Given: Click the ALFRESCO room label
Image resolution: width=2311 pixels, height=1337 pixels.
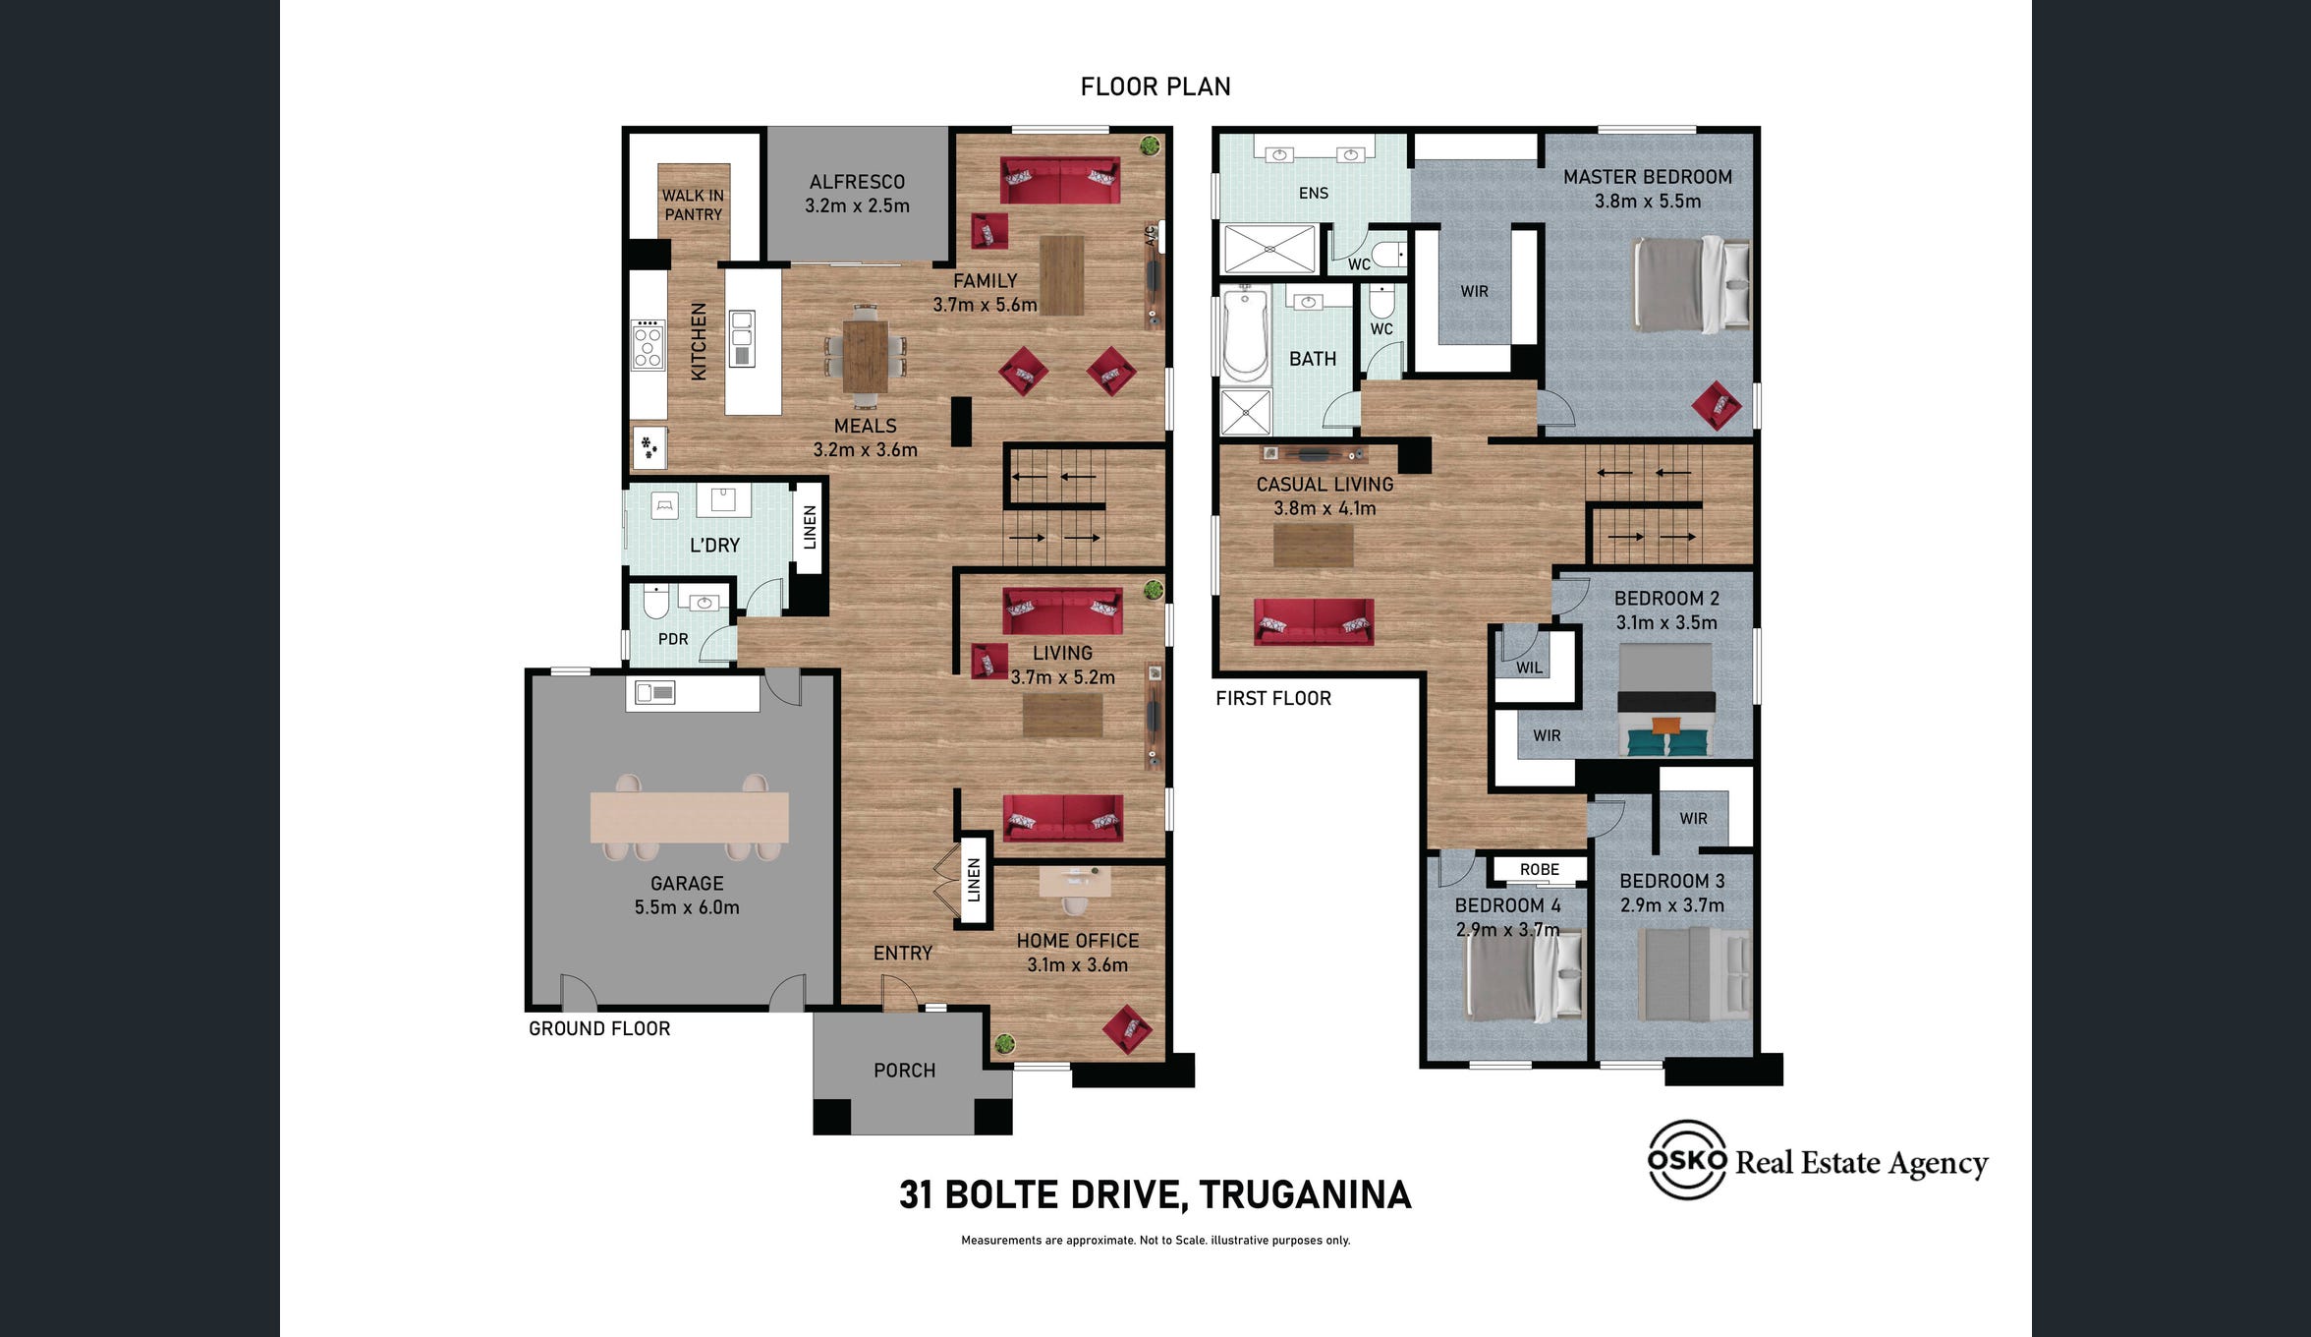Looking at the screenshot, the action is tap(857, 182).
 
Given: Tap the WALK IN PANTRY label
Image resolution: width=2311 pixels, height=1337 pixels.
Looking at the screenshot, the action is tap(693, 204).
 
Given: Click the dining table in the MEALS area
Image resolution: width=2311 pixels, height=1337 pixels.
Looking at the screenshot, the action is tap(865, 355).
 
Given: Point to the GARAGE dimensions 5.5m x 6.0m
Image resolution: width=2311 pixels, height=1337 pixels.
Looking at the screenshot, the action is tap(687, 907).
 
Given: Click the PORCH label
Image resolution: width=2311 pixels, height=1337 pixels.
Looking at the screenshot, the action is tap(904, 1070).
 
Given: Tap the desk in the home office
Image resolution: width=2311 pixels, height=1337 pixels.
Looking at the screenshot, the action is tap(1075, 881).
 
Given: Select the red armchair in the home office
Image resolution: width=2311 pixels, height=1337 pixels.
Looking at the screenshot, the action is tap(1127, 1028).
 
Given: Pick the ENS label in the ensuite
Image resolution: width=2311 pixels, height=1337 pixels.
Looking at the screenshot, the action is tap(1313, 194).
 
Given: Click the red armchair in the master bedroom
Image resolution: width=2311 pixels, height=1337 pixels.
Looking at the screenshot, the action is tap(1717, 405).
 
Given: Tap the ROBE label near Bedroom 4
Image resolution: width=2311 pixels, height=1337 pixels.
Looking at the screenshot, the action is tap(1539, 869).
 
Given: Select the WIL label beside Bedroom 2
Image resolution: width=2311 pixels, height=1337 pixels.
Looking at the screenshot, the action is tap(1529, 668).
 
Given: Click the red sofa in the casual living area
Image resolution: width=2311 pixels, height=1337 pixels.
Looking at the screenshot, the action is tap(1314, 621).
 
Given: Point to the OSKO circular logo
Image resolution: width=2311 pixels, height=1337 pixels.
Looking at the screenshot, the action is tap(1687, 1160).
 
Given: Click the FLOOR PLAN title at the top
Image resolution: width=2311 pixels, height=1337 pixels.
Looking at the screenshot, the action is tap(1155, 87).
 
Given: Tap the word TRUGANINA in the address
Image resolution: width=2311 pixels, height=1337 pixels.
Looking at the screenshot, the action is tap(1305, 1194).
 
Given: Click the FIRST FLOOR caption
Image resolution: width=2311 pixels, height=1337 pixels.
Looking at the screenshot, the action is tap(1273, 698).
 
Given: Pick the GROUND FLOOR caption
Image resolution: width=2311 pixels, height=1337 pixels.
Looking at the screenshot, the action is tap(599, 1028).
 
